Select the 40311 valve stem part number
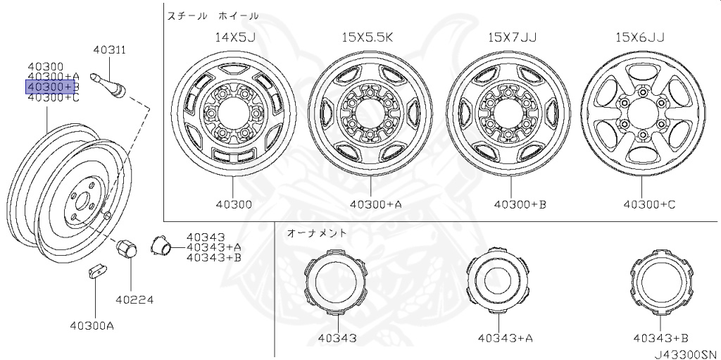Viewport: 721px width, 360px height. [x=109, y=50]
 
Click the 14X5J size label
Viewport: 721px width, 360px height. [x=235, y=37]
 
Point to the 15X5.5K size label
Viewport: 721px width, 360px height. [x=368, y=37]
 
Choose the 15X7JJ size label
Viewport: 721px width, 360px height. [x=513, y=37]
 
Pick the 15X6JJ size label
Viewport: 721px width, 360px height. [x=639, y=37]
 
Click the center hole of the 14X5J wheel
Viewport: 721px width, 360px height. [x=232, y=112]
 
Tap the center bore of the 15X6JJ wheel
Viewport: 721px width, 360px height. [x=642, y=113]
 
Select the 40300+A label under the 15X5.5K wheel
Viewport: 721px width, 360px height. [x=376, y=204]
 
